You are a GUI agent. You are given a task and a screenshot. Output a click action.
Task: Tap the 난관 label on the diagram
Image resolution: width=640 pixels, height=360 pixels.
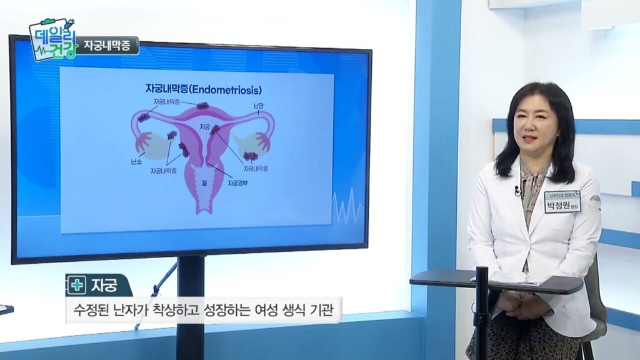click(x=259, y=104)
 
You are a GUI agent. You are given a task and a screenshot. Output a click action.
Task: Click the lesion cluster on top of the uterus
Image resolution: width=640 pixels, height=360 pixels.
click(x=202, y=106)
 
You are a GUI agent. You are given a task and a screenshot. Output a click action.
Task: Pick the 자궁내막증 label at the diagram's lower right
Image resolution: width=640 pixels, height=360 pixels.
click(x=256, y=169)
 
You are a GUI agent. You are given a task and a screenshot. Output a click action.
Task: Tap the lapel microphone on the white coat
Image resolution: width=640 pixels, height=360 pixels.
click(x=518, y=190)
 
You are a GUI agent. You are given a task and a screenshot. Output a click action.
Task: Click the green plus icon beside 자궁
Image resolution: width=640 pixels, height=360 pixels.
click(x=77, y=286)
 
